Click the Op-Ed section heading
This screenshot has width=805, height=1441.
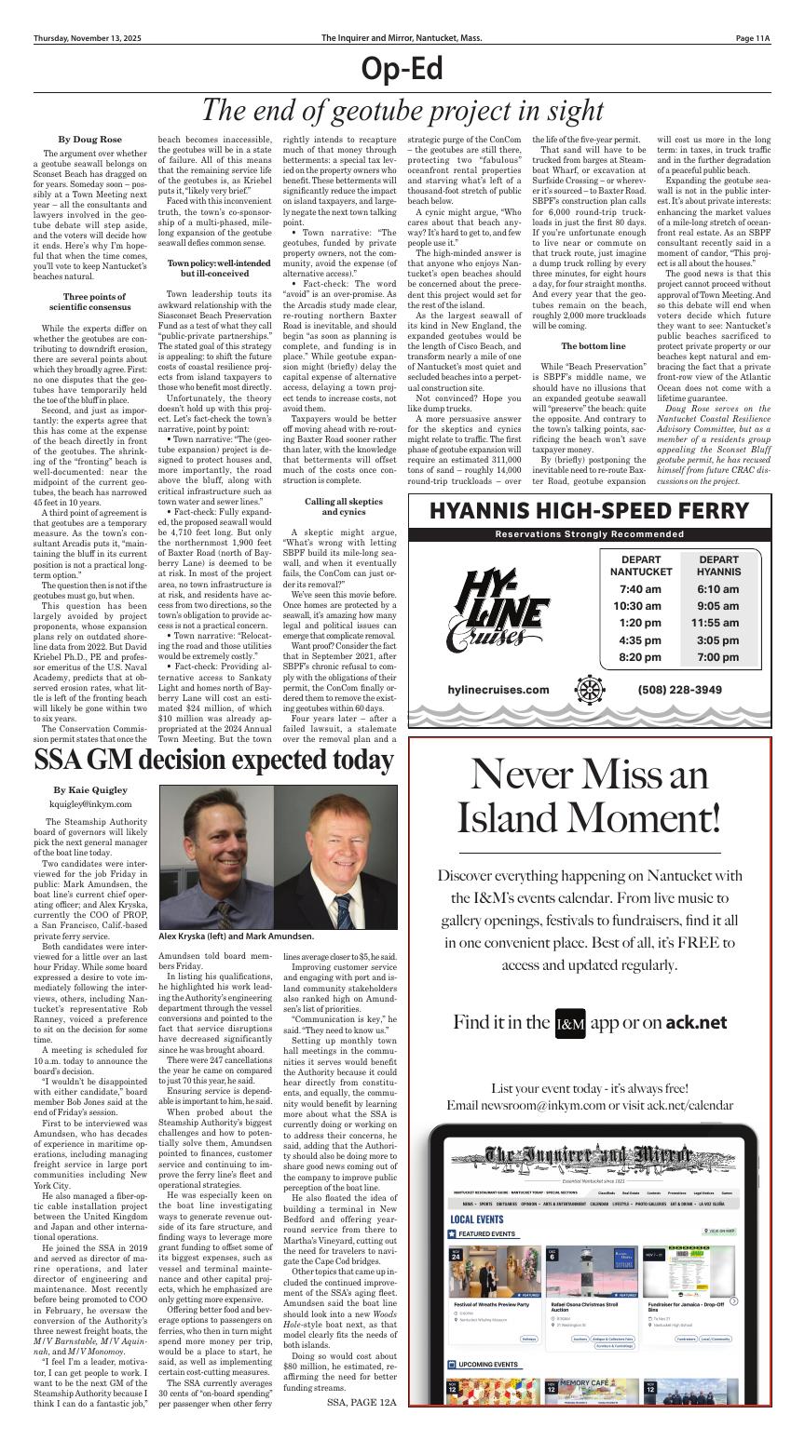pos(402,69)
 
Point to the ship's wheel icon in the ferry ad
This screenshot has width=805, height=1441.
pos(592,691)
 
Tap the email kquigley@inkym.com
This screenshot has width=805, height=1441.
pos(90,803)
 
